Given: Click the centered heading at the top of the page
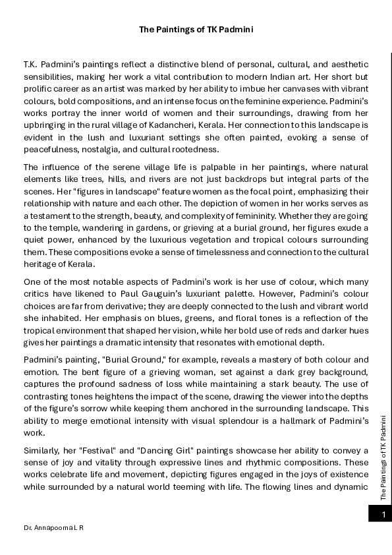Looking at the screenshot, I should click(x=196, y=30).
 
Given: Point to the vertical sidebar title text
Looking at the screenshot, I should click(x=383, y=455).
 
